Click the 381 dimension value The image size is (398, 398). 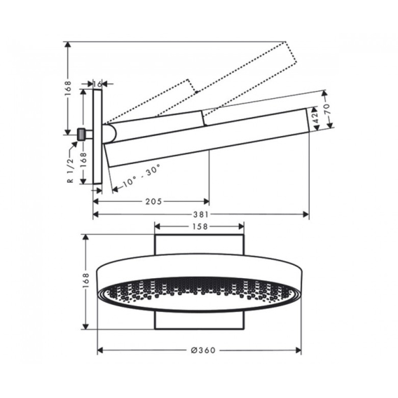pos(201,214)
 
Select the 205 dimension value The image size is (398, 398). pos(153,202)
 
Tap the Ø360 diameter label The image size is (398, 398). pos(203,350)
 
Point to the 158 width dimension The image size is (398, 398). pos(200,226)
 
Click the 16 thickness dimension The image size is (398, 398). pos(97,84)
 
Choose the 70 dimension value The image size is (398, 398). pos(327,109)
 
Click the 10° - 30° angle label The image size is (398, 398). pos(142,175)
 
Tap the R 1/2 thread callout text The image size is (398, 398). pos(70,170)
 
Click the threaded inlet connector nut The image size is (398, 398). pos(81,135)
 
